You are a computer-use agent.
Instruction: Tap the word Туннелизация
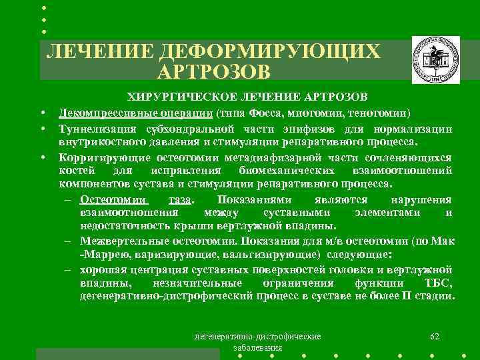coord(91,129)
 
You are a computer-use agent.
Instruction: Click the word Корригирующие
coord(95,157)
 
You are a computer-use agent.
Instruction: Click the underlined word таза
coord(181,199)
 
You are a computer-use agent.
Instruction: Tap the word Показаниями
coord(253,199)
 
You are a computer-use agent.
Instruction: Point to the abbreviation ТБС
coord(439,283)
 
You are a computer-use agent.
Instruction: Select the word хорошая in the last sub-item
coord(101,269)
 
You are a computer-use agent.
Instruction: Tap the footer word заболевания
coord(257,348)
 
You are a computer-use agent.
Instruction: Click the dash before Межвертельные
coord(69,241)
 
